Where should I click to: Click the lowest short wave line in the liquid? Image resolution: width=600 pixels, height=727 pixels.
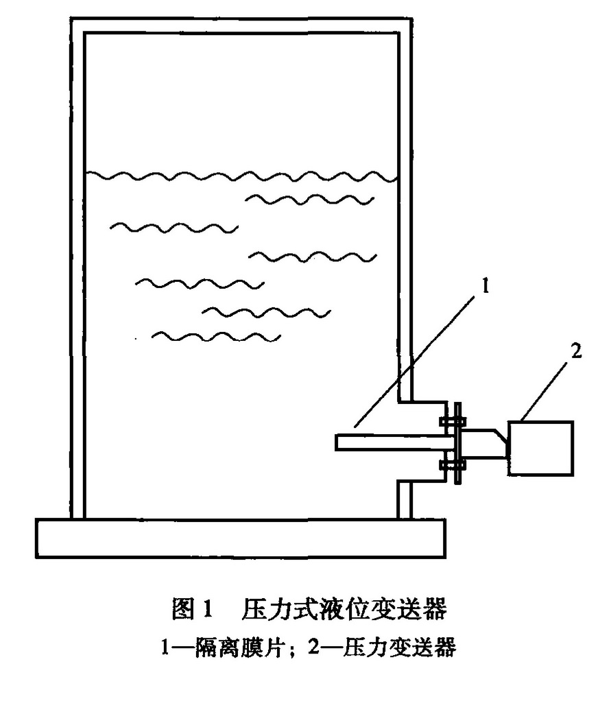216,336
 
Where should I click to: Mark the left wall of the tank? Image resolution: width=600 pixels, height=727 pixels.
77,274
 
